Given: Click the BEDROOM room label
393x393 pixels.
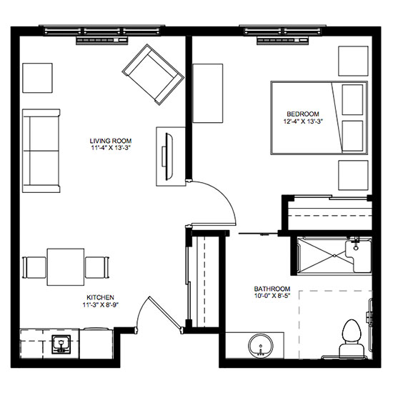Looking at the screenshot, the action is tap(303, 114).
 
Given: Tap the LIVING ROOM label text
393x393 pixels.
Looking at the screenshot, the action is tap(111, 141).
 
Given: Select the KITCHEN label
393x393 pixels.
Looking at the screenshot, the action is tap(100, 297).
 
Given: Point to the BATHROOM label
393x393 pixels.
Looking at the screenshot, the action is tap(272, 289).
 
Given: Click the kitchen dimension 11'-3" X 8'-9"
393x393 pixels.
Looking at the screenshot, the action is tap(100, 305).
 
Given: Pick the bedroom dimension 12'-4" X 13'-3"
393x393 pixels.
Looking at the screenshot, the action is tap(303, 121).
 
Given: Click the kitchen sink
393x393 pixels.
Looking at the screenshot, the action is tap(61, 344).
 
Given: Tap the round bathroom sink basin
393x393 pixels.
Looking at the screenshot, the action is tap(260, 346).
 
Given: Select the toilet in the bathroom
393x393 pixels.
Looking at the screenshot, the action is tap(352, 339).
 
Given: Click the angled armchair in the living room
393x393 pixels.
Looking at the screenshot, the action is tap(153, 74).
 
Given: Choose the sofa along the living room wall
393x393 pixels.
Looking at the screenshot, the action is tap(41, 151).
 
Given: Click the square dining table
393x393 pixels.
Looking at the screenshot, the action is tap(66, 267).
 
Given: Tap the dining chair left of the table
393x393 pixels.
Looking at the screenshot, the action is tap(34, 267).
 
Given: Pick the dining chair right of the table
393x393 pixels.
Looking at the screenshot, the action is tap(97, 267).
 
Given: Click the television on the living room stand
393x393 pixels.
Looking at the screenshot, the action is tap(169, 156).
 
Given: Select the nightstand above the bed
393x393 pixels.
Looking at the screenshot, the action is tap(353, 61).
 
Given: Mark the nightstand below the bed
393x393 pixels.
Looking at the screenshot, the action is tap(353, 176).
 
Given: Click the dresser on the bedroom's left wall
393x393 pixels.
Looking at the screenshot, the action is tap(207, 93).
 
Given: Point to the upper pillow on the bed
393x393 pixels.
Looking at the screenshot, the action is tap(352, 100).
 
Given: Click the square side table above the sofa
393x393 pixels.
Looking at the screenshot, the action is tap(37, 78).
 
